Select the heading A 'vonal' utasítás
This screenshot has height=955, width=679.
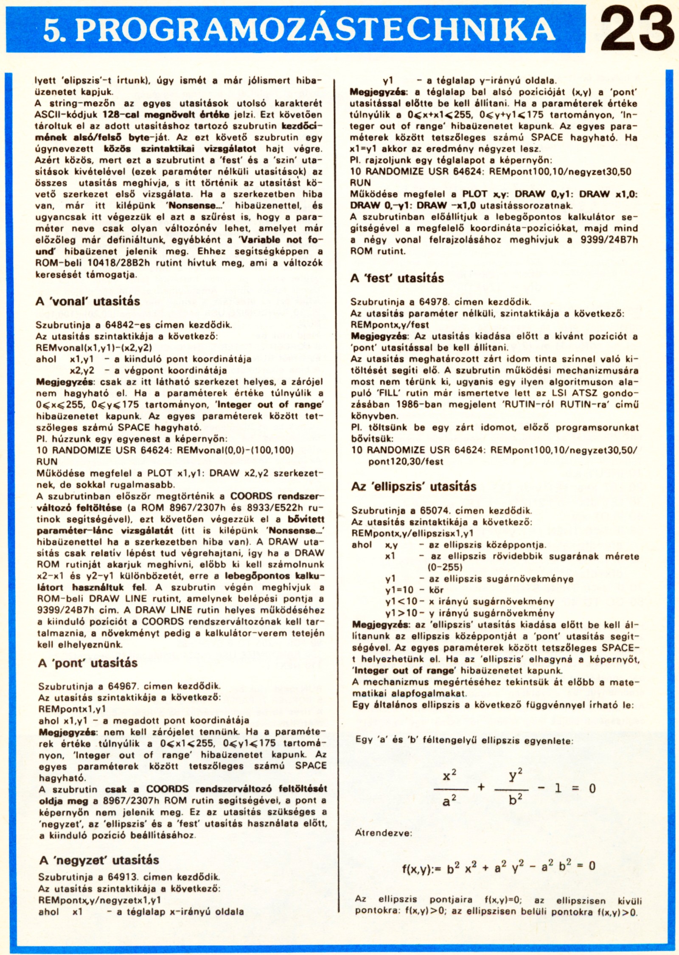[88, 302]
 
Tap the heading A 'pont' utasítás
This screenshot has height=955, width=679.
[88, 663]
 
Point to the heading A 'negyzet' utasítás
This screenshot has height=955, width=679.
[99, 860]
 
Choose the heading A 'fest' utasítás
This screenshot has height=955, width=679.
[397, 278]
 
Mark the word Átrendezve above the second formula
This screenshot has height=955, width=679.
[383, 833]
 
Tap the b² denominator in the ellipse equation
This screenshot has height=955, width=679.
[515, 800]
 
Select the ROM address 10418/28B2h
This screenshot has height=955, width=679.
[118, 263]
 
